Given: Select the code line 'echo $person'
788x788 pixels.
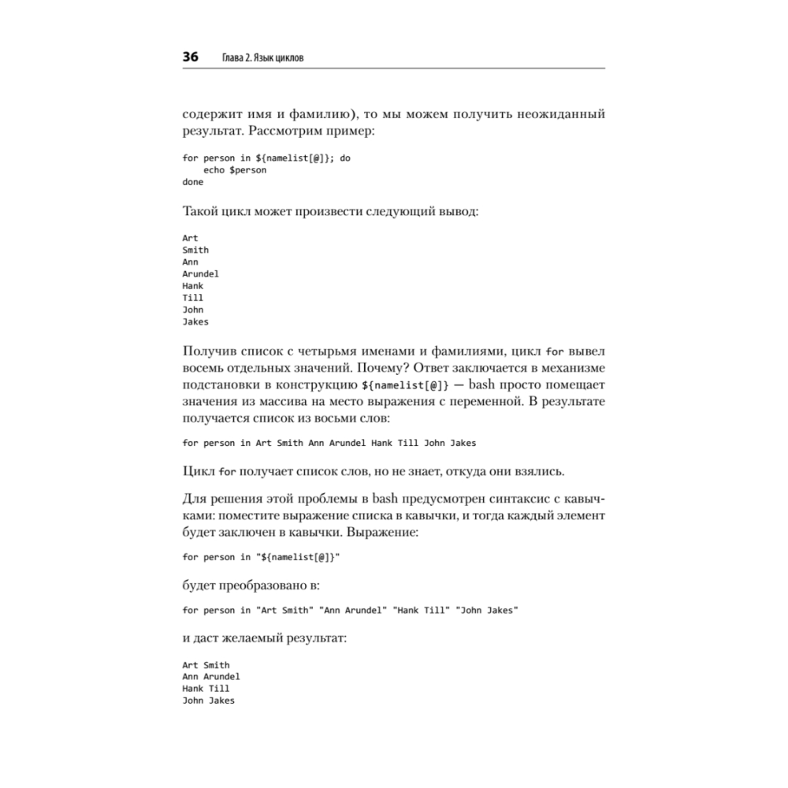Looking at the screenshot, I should [235, 170].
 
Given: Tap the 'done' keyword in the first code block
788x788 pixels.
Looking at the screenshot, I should [192, 182].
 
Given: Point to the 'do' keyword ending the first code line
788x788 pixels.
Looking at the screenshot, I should [345, 158].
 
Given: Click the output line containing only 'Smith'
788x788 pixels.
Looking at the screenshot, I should [195, 250].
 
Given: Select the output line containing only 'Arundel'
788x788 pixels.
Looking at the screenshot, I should [200, 274].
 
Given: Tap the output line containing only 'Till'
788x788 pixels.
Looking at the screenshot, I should [192, 298].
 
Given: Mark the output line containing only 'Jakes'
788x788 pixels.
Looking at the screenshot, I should [195, 322].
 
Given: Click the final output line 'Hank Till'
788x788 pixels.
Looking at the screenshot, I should [206, 689].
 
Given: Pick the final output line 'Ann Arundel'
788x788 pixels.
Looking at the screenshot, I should [211, 677].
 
